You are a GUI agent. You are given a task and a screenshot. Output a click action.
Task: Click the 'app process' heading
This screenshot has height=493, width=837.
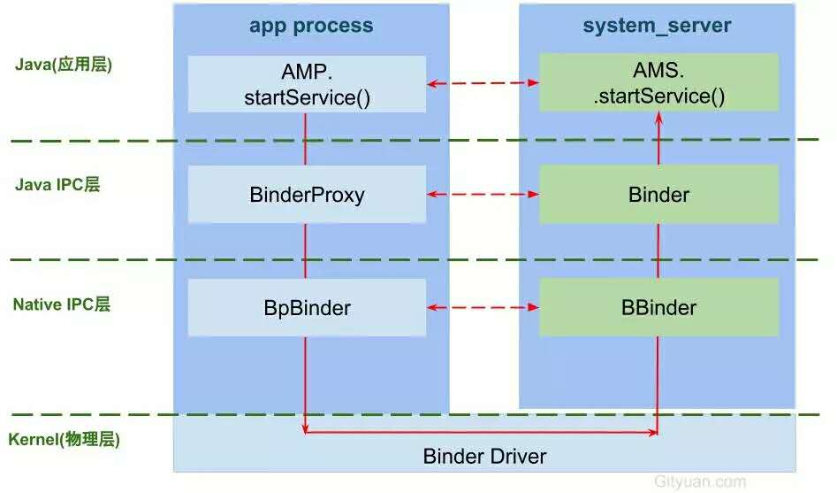pyautogui.click(x=311, y=26)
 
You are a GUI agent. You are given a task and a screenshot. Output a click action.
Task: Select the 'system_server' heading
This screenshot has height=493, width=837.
pyautogui.click(x=657, y=25)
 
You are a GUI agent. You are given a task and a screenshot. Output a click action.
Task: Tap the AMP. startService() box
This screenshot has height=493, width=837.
pyautogui.click(x=307, y=84)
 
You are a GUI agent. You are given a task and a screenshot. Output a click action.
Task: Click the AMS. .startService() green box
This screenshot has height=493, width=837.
pyautogui.click(x=658, y=82)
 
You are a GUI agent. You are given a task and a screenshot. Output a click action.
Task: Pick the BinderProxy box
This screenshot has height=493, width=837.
pyautogui.click(x=307, y=194)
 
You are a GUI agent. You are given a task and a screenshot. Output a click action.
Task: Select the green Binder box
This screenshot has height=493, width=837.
pyautogui.click(x=658, y=194)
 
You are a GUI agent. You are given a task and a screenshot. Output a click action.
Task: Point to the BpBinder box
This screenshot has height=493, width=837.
pyautogui.click(x=307, y=307)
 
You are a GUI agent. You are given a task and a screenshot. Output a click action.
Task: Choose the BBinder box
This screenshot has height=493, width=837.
pyautogui.click(x=658, y=307)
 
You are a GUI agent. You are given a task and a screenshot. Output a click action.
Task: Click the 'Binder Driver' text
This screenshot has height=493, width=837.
pyautogui.click(x=484, y=456)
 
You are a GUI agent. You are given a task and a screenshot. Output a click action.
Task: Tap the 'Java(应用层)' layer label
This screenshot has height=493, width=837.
pyautogui.click(x=64, y=65)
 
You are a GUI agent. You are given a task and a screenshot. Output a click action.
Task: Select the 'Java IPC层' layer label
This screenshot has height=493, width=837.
pyautogui.click(x=57, y=184)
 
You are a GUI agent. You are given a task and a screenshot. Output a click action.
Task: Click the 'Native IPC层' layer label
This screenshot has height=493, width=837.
pyautogui.click(x=61, y=304)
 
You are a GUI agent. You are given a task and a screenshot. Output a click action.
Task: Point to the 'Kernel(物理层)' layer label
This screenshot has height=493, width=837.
pyautogui.click(x=64, y=439)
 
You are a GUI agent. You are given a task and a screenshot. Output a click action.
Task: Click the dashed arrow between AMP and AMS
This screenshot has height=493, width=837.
pyautogui.click(x=483, y=83)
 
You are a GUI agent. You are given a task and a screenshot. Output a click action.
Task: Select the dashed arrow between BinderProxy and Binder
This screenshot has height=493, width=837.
pyautogui.click(x=483, y=194)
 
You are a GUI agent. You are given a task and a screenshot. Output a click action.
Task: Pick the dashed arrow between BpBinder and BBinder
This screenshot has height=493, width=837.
pyautogui.click(x=483, y=307)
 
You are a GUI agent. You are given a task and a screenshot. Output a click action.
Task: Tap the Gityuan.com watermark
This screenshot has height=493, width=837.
pyautogui.click(x=700, y=481)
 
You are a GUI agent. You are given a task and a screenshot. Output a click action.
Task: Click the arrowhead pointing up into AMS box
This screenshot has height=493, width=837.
pyautogui.click(x=658, y=118)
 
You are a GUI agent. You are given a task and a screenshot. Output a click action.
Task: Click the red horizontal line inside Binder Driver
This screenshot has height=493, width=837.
pyautogui.click(x=481, y=432)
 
